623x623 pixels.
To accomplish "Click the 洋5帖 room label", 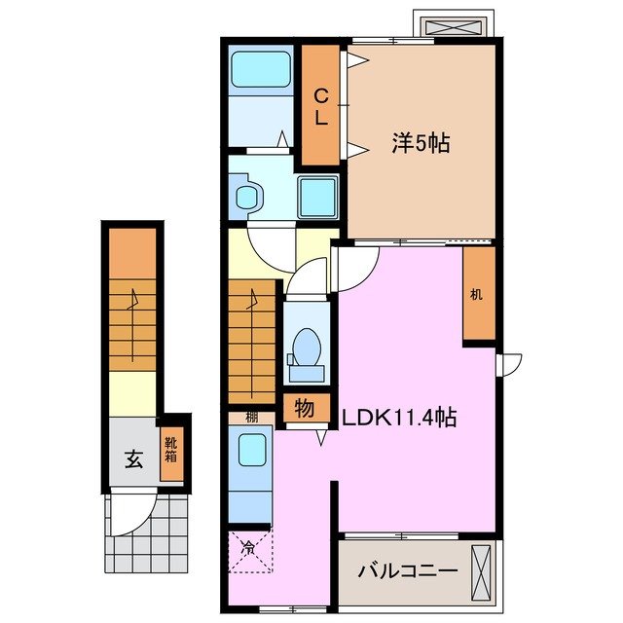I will (x=421, y=143).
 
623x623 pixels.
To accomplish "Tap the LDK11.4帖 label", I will (x=399, y=418).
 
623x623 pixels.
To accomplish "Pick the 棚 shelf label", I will (x=251, y=419).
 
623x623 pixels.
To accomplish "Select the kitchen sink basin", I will (x=252, y=452).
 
